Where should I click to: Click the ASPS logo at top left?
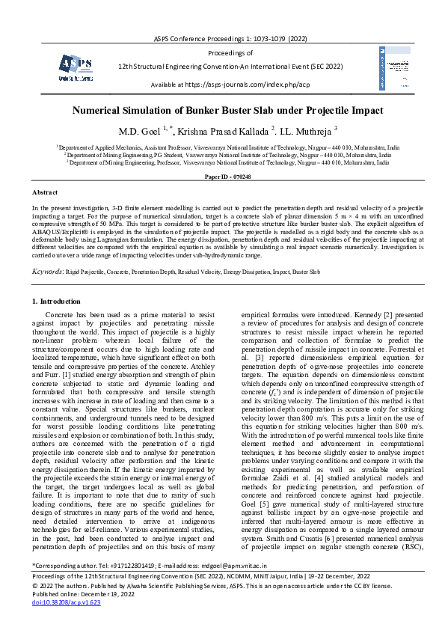coord(76,65)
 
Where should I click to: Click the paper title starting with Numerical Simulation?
coord(223,108)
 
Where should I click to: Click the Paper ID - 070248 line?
coord(223,176)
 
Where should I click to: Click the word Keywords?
coord(48,270)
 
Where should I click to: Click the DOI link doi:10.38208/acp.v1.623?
coord(66,601)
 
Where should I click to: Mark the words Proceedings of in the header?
coord(230,53)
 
